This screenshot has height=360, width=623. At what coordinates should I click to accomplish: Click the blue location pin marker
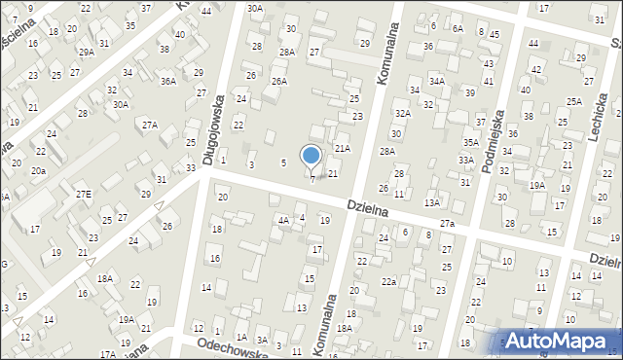coord(311,156)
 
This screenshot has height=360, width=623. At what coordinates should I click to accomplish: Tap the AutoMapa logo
coord(561,341)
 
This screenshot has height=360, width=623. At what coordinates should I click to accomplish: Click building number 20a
coord(38,170)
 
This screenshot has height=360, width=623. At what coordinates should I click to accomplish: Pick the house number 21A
coord(342,149)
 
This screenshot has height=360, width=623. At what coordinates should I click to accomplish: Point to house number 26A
coord(279,82)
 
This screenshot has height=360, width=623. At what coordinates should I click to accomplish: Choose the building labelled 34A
coord(437,81)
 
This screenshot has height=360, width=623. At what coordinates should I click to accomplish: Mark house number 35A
coord(470,142)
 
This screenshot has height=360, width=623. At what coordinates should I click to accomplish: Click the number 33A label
coord(466,160)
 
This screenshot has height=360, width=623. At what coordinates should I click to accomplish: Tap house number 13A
coord(432,202)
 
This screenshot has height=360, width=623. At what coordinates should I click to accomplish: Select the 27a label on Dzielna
coord(447,224)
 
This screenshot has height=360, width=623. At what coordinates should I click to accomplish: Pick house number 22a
coord(388,281)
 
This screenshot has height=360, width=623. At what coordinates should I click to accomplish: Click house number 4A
coord(283,220)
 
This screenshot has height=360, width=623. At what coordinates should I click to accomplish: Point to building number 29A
coord(87,52)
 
